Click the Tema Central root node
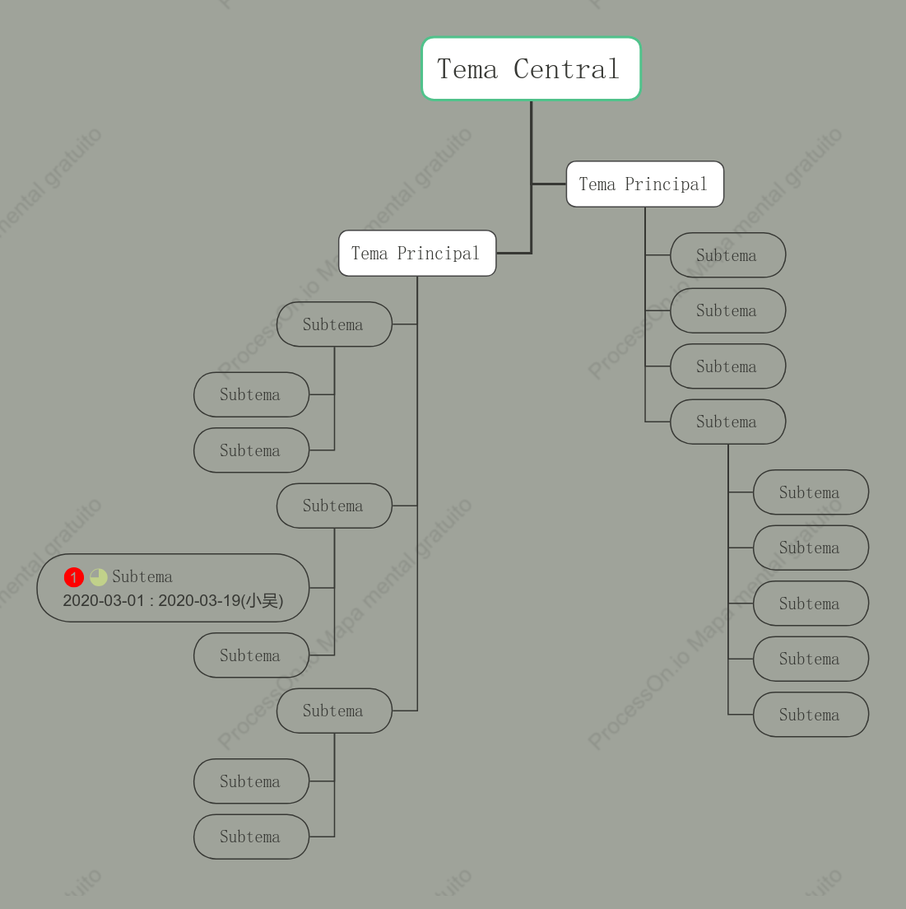(x=532, y=68)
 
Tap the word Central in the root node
(x=566, y=69)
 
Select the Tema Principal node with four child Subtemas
(x=645, y=184)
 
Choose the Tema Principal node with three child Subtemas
(x=417, y=254)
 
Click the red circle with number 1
(x=73, y=577)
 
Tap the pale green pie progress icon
(x=99, y=577)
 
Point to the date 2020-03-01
(x=104, y=600)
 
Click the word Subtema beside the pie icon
(x=142, y=577)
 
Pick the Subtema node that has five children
(x=727, y=422)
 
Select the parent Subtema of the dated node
(x=334, y=506)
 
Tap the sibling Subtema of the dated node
(x=251, y=655)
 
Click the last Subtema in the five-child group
(x=811, y=714)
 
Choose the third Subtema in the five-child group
(x=811, y=603)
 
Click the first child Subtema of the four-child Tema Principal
(x=727, y=255)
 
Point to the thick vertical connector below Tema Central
(x=532, y=177)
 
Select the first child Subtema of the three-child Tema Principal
(x=334, y=324)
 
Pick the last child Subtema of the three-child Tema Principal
(x=334, y=711)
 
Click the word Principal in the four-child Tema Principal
(x=667, y=184)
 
